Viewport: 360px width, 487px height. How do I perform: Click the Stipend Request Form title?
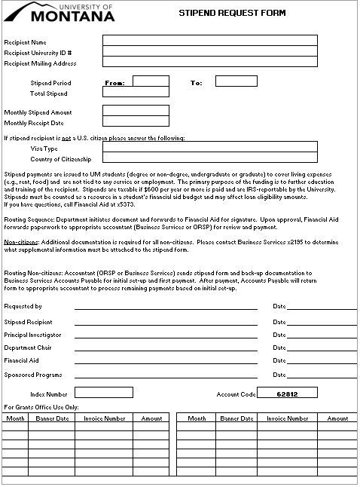click(226, 13)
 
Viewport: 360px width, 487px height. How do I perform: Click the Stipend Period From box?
click(151, 81)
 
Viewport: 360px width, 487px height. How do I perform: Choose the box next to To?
click(236, 81)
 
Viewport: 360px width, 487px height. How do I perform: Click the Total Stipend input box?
click(136, 93)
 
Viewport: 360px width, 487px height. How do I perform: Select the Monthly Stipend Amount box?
click(136, 111)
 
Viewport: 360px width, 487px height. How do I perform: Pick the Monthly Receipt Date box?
click(136, 122)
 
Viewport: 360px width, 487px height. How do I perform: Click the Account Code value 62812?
click(288, 393)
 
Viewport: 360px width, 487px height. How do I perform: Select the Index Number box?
click(103, 393)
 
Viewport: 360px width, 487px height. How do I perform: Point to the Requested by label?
click(23, 307)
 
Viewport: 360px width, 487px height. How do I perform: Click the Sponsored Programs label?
click(33, 374)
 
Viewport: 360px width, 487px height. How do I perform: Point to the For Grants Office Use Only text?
click(41, 406)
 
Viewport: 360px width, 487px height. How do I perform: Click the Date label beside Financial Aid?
click(279, 361)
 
